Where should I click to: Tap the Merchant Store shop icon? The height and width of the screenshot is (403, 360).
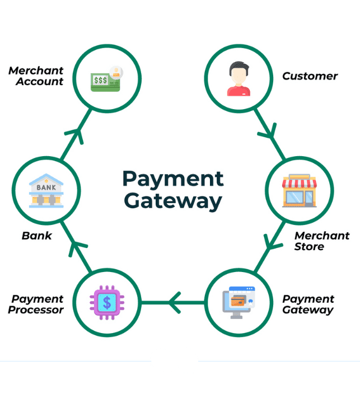click(299, 191)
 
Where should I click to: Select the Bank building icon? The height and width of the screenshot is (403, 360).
click(46, 190)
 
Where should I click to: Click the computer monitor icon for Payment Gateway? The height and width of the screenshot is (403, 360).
click(238, 302)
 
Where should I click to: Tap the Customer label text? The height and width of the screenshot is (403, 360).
click(310, 76)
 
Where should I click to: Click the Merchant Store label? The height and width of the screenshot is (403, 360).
click(321, 241)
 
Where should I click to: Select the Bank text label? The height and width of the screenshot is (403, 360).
click(37, 236)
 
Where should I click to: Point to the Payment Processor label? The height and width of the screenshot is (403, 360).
click(36, 304)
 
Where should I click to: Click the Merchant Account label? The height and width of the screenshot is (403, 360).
click(36, 76)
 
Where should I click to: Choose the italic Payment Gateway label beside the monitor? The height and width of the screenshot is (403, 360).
click(308, 304)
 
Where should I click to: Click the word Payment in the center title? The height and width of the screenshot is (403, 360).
click(173, 179)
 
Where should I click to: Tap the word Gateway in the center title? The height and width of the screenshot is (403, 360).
click(173, 200)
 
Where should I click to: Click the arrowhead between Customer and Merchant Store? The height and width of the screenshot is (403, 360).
click(269, 134)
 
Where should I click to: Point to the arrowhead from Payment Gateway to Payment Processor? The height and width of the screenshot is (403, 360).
click(174, 303)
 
